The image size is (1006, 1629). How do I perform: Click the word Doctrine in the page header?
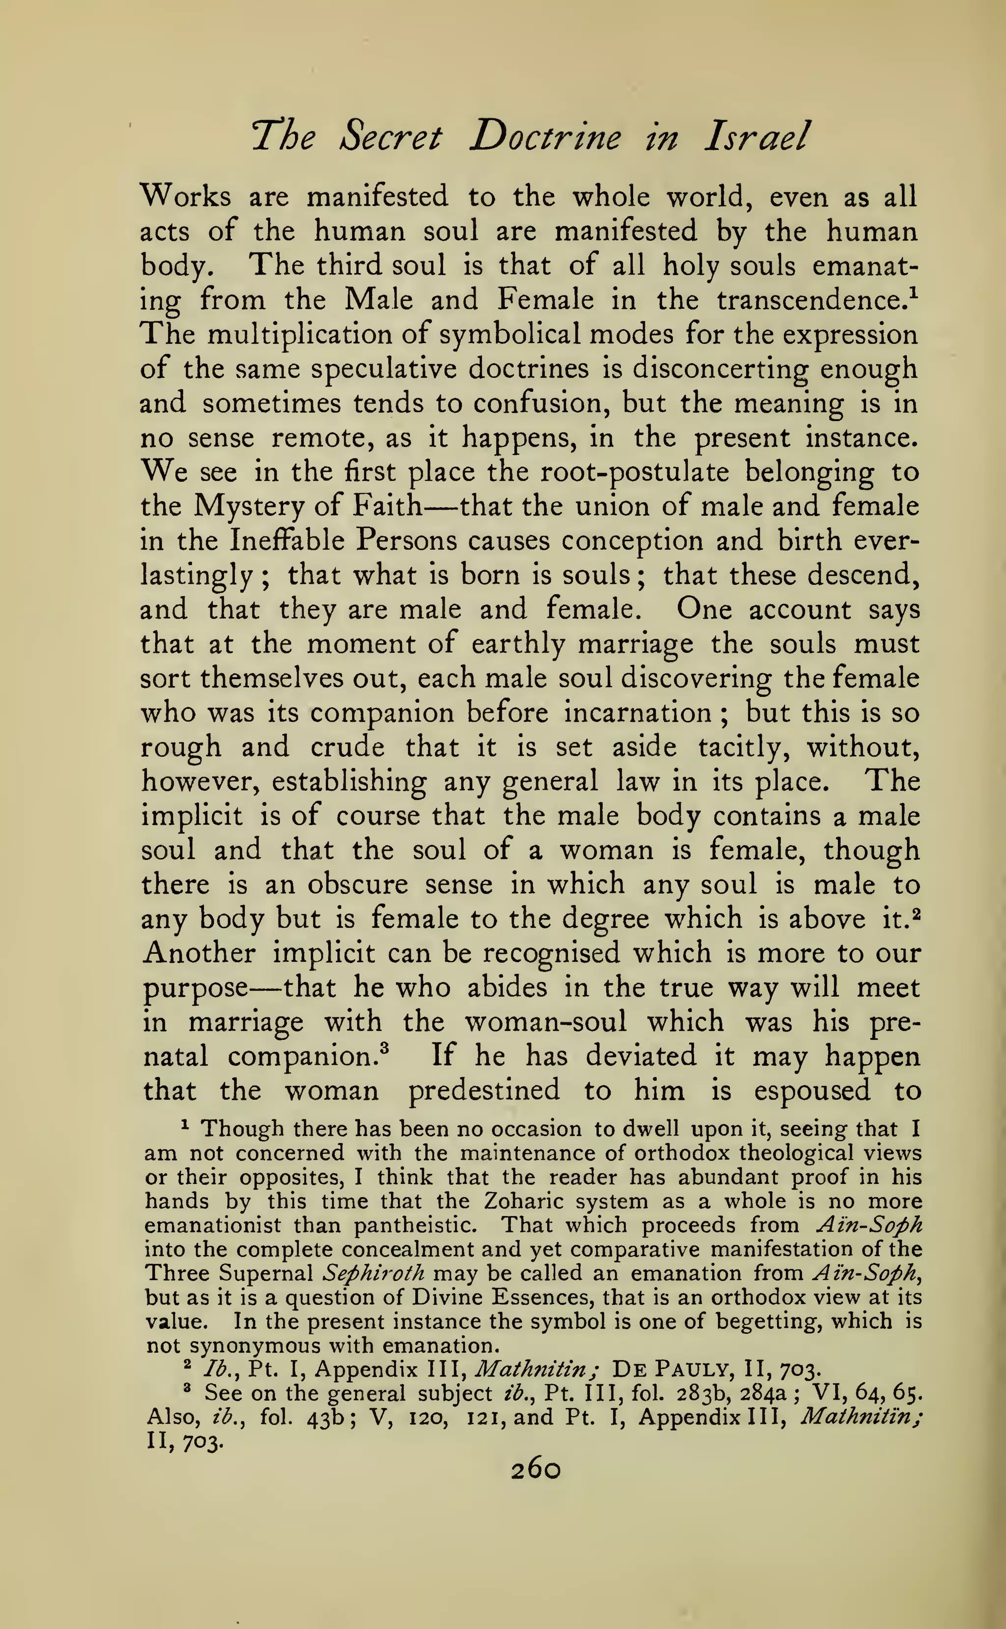pyautogui.click(x=545, y=138)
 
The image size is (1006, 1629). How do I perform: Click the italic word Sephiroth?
pyautogui.click(x=373, y=1274)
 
